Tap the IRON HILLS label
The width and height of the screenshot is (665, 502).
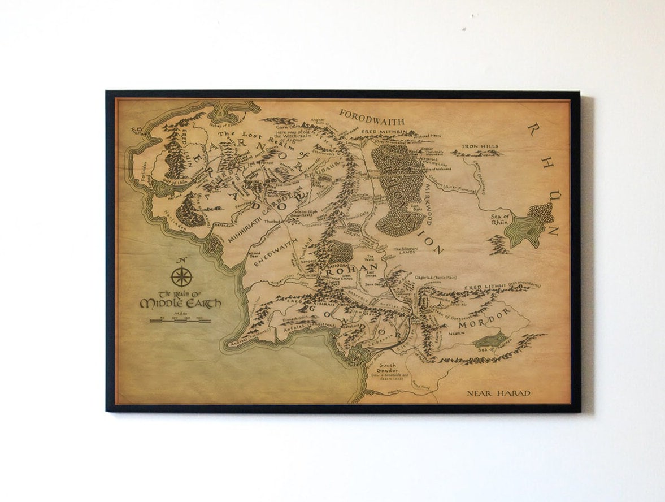[480, 146]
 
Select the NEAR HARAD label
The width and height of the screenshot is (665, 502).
[499, 393]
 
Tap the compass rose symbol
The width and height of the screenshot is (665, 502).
[182, 276]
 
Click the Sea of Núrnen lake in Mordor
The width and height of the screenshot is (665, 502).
[491, 340]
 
